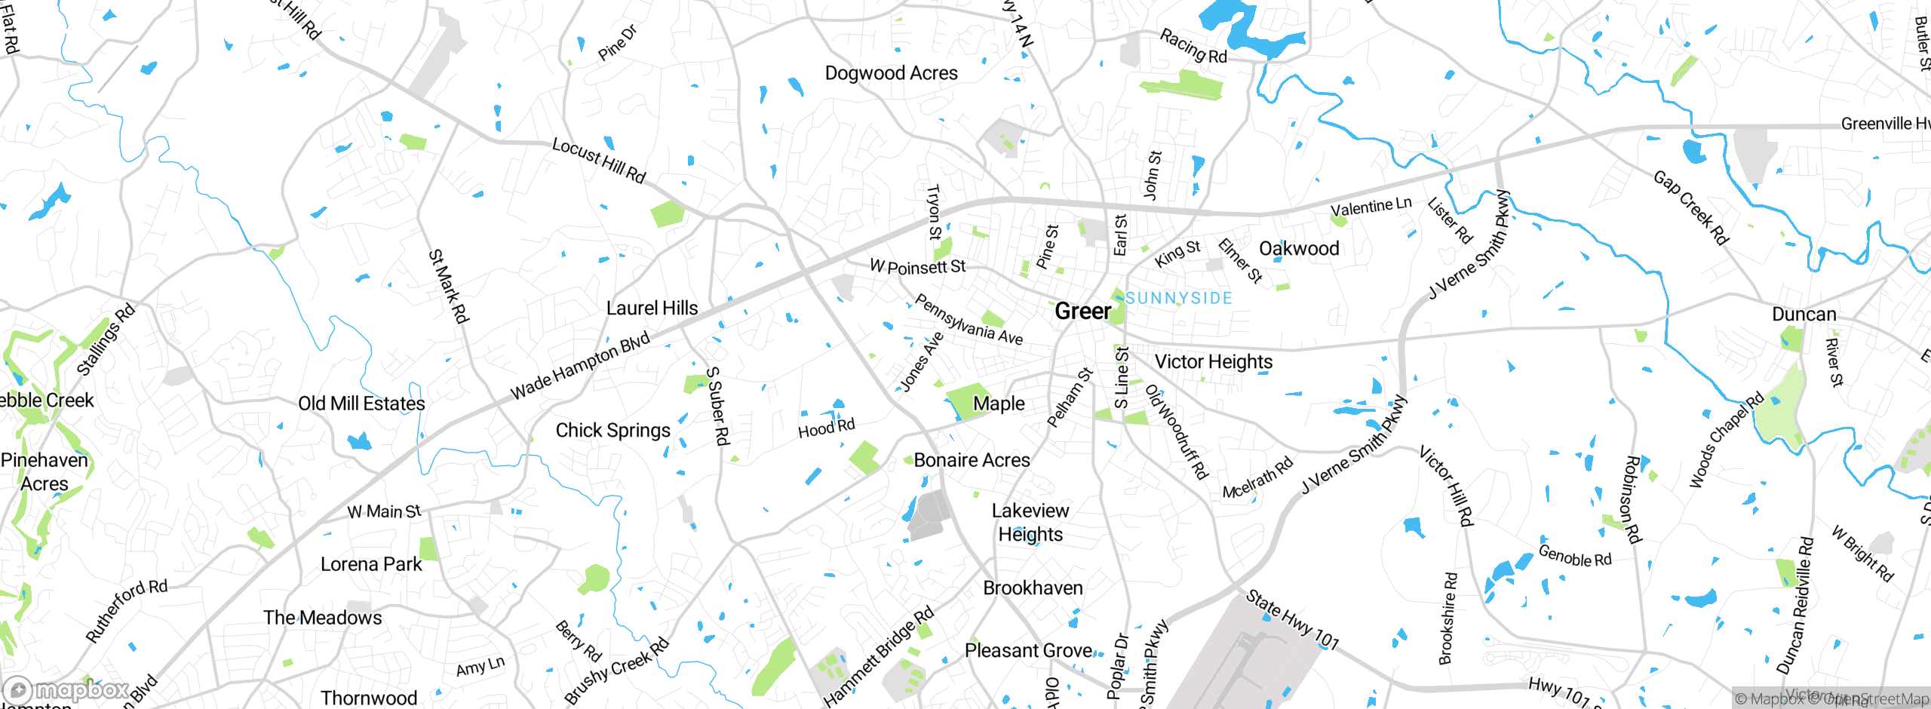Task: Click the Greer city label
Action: pyautogui.click(x=1082, y=311)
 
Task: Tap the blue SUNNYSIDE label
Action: pyautogui.click(x=1179, y=298)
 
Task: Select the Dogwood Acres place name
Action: pyautogui.click(x=891, y=73)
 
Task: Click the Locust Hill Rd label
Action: pyautogui.click(x=599, y=160)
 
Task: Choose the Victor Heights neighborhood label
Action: pyautogui.click(x=1213, y=362)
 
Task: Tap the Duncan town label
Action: pyautogui.click(x=1804, y=314)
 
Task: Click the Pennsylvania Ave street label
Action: pyautogui.click(x=969, y=320)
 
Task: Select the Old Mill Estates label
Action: pyautogui.click(x=361, y=404)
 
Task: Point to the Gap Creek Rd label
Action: pyautogui.click(x=1690, y=207)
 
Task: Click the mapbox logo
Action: pyautogui.click(x=66, y=689)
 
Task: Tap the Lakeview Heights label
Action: pyautogui.click(x=1030, y=522)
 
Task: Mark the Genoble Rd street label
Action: pyautogui.click(x=1574, y=556)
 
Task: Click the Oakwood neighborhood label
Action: pyautogui.click(x=1299, y=248)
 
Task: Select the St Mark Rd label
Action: pyautogui.click(x=449, y=287)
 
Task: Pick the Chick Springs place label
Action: pyautogui.click(x=612, y=431)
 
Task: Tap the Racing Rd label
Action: pyautogui.click(x=1193, y=46)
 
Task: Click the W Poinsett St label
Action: pyautogui.click(x=917, y=266)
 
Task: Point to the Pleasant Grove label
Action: pyautogui.click(x=1028, y=650)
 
